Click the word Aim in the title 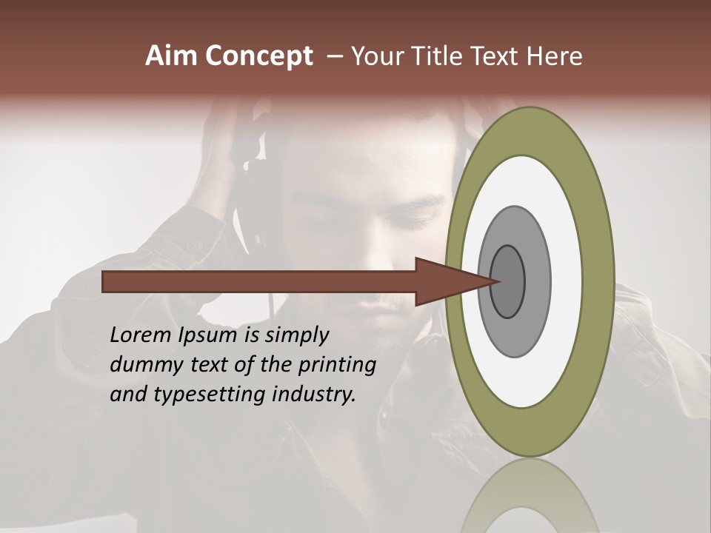(x=173, y=56)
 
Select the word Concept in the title (x=258, y=56)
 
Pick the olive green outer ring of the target (x=600, y=281)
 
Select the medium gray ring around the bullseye (x=536, y=281)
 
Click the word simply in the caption (x=296, y=335)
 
